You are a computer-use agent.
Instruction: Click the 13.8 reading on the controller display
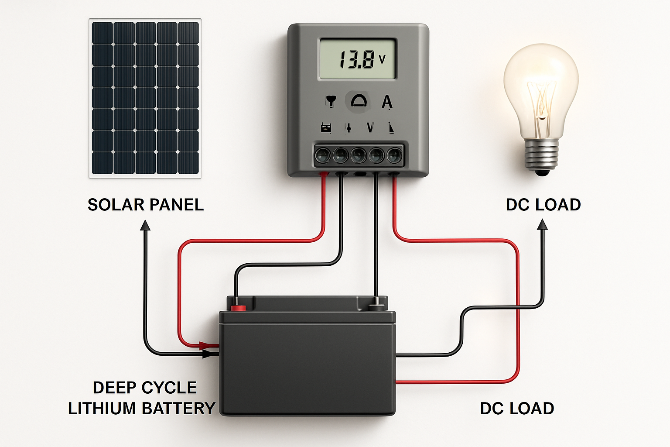pyautogui.click(x=356, y=59)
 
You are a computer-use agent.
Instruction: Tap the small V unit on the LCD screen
pyautogui.click(x=382, y=58)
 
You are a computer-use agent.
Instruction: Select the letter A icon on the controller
pyautogui.click(x=387, y=102)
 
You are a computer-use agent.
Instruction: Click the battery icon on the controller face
pyautogui.click(x=326, y=127)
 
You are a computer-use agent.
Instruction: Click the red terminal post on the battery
pyautogui.click(x=238, y=307)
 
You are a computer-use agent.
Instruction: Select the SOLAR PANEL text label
pyautogui.click(x=145, y=205)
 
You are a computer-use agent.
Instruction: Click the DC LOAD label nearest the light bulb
pyautogui.click(x=543, y=205)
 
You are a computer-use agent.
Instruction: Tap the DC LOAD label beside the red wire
pyautogui.click(x=517, y=409)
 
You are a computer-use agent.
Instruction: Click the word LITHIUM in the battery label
pyautogui.click(x=103, y=409)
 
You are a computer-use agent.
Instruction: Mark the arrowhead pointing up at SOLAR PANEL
pyautogui.click(x=145, y=225)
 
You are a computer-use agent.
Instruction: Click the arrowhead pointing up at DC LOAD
pyautogui.click(x=542, y=224)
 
